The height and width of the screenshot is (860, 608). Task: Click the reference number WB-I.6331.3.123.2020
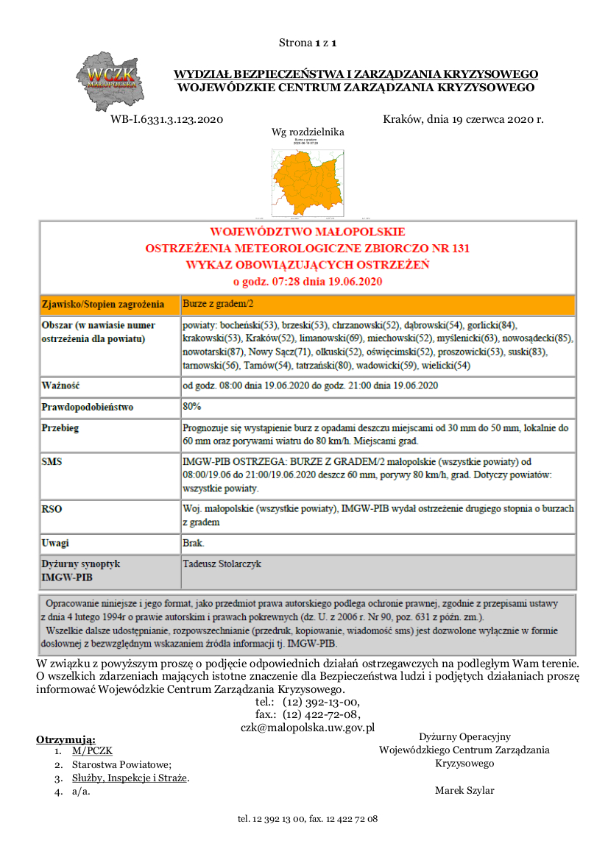[166, 119]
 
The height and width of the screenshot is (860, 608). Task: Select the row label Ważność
[60, 385]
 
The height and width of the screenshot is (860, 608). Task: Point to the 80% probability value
[192, 406]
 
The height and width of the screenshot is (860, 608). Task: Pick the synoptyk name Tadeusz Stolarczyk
[222, 564]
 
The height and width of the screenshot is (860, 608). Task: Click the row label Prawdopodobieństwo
[87, 407]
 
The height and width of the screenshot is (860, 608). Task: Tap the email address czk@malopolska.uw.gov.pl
[308, 727]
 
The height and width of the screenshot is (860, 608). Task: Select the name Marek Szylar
[464, 791]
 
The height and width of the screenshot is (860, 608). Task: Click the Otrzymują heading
[66, 739]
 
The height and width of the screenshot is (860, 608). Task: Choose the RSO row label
[52, 508]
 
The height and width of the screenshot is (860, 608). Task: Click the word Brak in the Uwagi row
[193, 543]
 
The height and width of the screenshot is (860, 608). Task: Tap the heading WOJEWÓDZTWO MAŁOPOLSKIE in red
[308, 232]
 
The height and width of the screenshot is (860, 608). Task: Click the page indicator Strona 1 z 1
[308, 43]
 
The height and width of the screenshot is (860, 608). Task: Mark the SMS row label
[52, 462]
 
